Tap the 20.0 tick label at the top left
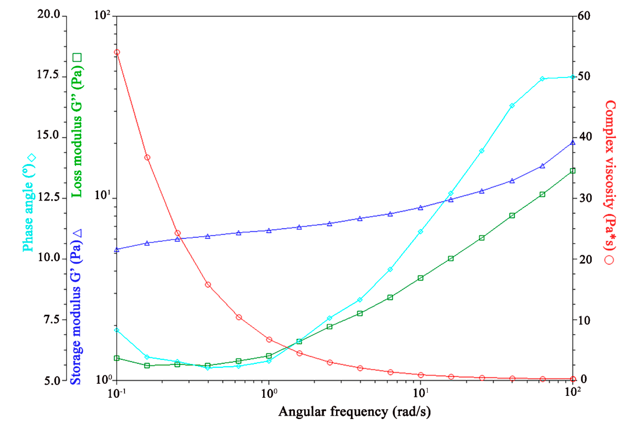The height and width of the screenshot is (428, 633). (49, 14)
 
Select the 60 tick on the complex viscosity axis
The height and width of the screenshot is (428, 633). (583, 16)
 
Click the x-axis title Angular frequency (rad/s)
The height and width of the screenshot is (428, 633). (354, 412)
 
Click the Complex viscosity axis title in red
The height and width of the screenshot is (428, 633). (610, 174)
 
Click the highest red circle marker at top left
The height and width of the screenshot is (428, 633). (117, 52)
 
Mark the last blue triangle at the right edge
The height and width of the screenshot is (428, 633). (573, 142)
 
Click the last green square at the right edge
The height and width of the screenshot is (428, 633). (573, 171)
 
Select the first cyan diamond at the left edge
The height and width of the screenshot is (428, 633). (117, 330)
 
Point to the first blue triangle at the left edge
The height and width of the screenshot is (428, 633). (117, 250)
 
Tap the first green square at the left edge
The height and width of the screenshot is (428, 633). (117, 358)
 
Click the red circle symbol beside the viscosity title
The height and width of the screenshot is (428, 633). (609, 260)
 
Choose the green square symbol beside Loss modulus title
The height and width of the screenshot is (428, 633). (77, 57)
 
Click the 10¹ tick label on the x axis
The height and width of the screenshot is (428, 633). (421, 393)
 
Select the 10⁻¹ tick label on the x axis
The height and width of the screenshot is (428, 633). (117, 393)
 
